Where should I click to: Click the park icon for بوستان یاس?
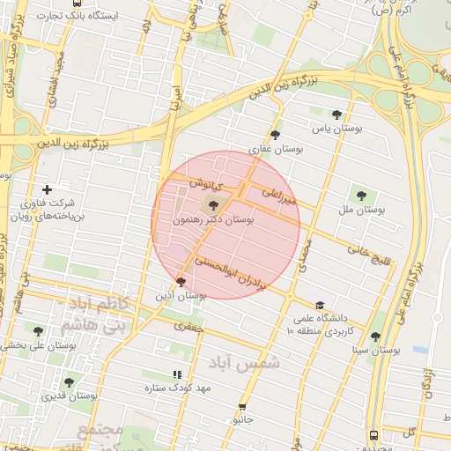pos(337,114)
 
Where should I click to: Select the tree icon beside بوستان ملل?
pos(361,195)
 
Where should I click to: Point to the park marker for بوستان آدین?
pos(181,282)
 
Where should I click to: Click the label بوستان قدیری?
pos(74,396)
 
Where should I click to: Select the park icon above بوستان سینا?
pos(375,336)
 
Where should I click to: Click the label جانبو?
pos(242,420)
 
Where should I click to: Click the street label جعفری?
pos(188,325)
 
